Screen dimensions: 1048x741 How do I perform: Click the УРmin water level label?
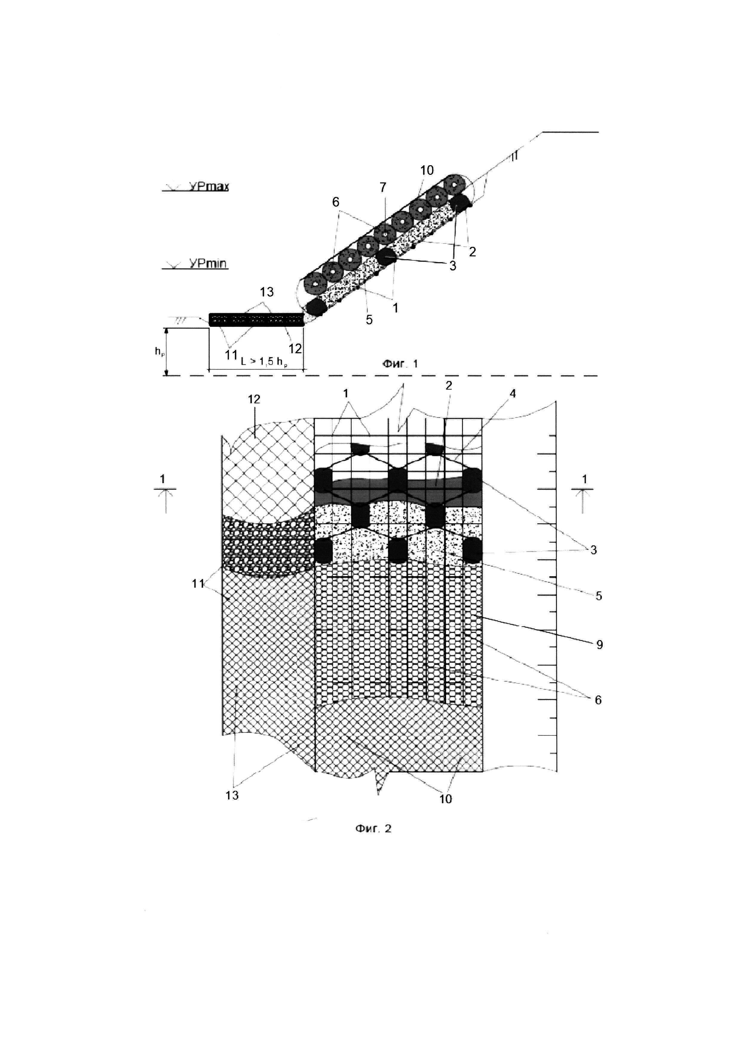[x=208, y=264]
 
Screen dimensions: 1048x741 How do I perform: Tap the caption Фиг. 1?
[x=400, y=364]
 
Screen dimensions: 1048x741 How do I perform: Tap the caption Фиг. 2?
[x=373, y=828]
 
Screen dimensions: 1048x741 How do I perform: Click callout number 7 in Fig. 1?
[x=383, y=187]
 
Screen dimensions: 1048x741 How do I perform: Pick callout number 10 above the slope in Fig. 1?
[x=427, y=171]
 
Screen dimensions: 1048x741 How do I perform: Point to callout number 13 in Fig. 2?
[x=232, y=795]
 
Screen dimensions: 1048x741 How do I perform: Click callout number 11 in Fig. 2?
[x=198, y=583]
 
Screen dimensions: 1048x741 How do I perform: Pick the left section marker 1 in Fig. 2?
[x=163, y=479]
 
